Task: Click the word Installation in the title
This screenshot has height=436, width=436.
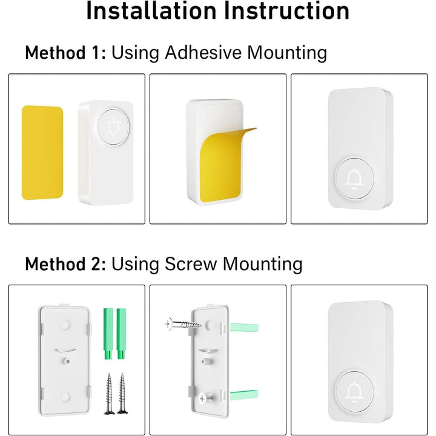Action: (x=149, y=12)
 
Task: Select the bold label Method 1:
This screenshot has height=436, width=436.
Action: (x=65, y=53)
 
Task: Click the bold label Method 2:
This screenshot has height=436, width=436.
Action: (x=65, y=264)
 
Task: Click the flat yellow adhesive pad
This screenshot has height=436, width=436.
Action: (x=42, y=153)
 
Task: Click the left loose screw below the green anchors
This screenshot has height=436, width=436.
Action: (x=109, y=394)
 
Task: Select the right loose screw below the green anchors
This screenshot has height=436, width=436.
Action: (x=124, y=394)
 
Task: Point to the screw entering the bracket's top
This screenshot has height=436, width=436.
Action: (x=182, y=325)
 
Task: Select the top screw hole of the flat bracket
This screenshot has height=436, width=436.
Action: (x=63, y=324)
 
